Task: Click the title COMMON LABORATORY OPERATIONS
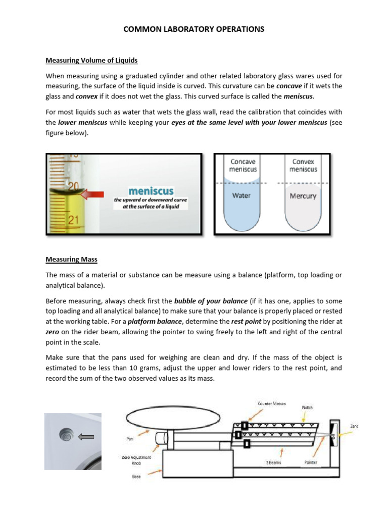point(194,29)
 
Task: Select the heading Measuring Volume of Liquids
point(91,61)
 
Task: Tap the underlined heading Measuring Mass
point(71,260)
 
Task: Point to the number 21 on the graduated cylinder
point(73,220)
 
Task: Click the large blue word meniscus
point(151,191)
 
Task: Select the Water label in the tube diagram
point(241,195)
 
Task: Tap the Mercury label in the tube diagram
point(303,196)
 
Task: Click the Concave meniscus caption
point(243,166)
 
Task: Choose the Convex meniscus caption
point(303,166)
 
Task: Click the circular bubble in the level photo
point(66,434)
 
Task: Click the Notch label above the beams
point(308,407)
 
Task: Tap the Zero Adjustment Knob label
point(136,460)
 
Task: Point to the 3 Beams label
point(275,462)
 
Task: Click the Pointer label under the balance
point(311,462)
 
